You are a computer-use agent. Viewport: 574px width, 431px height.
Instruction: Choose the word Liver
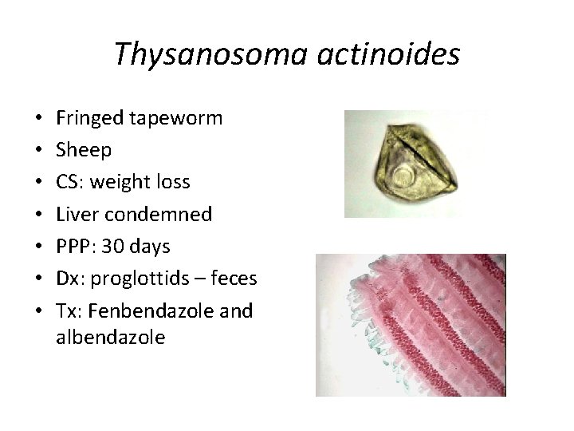tap(77, 214)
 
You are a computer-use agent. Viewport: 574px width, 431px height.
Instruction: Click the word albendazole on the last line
tap(111, 337)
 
